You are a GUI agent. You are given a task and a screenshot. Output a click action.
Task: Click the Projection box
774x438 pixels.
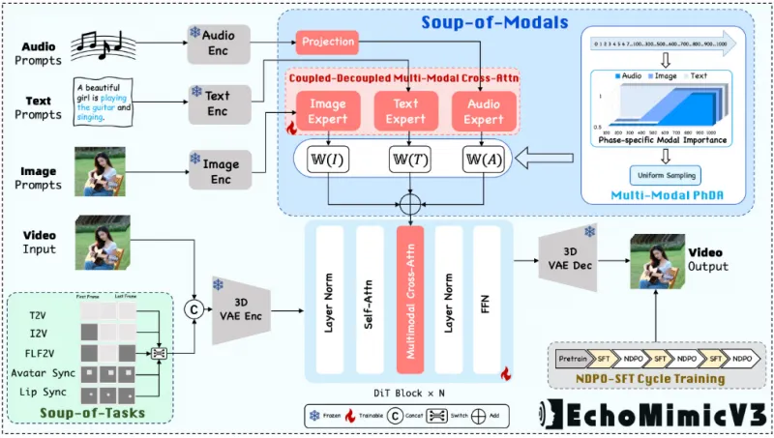(x=327, y=42)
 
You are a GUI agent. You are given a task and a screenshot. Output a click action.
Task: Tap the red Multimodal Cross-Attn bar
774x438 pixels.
(x=410, y=299)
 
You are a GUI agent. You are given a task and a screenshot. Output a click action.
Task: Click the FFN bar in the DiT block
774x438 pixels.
(x=487, y=299)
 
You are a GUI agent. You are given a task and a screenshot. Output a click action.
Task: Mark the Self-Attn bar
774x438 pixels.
(x=371, y=299)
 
